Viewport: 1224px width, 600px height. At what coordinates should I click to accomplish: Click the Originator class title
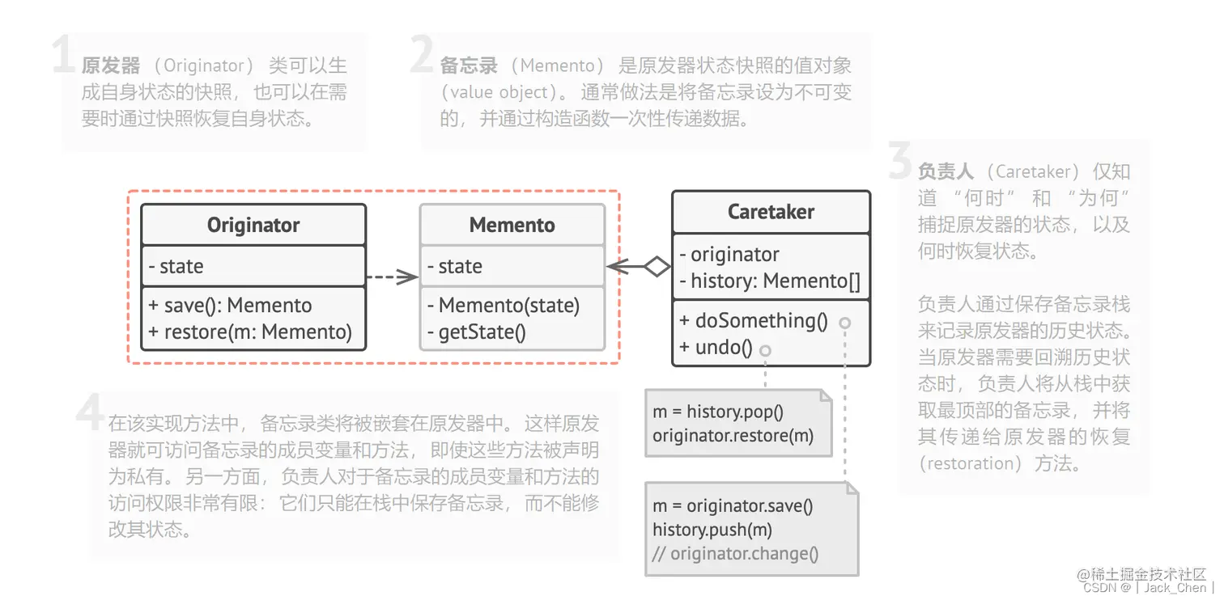point(253,225)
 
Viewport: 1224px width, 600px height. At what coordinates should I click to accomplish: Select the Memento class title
point(512,225)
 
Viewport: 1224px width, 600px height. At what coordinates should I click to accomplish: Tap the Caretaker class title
point(771,212)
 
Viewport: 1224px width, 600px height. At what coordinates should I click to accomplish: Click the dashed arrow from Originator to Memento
point(392,277)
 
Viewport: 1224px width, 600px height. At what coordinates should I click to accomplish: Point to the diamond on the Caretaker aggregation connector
point(656,266)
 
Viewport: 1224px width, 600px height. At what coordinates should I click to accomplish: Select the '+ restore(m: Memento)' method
point(250,332)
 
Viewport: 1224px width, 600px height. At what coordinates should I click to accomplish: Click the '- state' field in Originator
point(176,267)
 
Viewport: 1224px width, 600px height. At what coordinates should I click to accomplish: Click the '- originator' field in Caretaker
point(729,255)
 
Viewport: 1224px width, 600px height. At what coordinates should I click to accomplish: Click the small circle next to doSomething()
point(845,323)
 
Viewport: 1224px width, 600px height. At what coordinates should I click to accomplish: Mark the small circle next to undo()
point(765,350)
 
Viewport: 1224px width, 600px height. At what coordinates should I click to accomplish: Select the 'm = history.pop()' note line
point(718,412)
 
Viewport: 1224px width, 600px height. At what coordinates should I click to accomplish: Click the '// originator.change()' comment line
point(737,554)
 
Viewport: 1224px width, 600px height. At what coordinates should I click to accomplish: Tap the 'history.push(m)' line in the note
point(712,530)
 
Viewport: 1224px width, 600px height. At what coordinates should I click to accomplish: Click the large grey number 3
point(900,162)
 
